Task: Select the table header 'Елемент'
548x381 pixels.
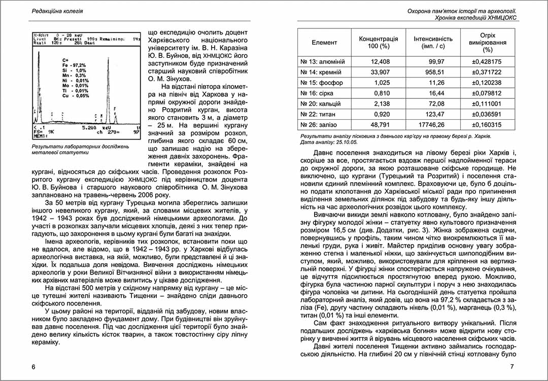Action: [324, 43]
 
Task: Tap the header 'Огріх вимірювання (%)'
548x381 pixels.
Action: [488, 43]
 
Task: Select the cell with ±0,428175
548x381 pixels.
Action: [487, 61]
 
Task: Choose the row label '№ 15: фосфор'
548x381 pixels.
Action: [321, 83]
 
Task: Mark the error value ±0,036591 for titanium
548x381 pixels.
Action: [487, 114]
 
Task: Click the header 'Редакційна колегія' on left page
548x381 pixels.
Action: [57, 11]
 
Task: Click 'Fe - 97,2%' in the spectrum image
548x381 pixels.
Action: [74, 65]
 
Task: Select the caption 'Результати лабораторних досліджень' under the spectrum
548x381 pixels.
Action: [80, 147]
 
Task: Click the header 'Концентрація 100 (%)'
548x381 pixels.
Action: [379, 43]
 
